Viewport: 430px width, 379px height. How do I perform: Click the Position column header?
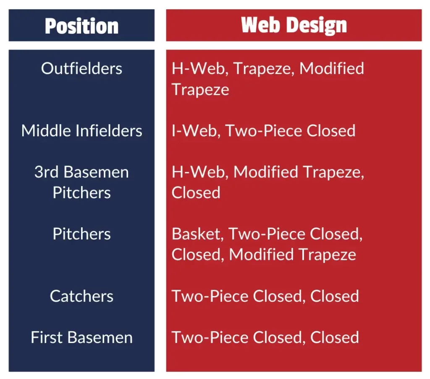pos(82,26)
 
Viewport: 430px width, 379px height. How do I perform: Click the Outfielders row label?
pos(82,68)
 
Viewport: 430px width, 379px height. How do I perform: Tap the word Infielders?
pos(109,130)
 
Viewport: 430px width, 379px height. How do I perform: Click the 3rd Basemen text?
pos(82,172)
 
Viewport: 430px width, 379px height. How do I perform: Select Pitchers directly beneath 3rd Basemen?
pos(82,192)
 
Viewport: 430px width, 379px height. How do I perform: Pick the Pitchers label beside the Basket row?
pos(82,234)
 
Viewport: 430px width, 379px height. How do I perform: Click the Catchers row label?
pos(82,296)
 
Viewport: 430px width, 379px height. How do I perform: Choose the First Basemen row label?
pos(82,337)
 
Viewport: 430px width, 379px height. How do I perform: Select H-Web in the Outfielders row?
pos(200,68)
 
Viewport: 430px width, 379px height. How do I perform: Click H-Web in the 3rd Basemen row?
pos(200,172)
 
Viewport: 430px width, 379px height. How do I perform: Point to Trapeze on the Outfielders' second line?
pos(200,90)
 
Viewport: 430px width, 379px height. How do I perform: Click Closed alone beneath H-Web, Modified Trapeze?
pos(196,192)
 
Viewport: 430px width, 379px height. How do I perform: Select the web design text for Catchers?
pos(265,296)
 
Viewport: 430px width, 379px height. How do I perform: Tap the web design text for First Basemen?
pos(265,337)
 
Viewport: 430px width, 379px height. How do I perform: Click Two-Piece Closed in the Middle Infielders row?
pos(291,130)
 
